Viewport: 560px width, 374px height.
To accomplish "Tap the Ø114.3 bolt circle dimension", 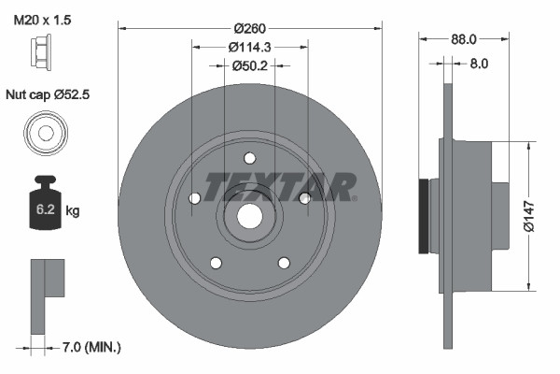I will [248, 46].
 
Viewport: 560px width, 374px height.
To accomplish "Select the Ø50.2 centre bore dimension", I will [249, 65].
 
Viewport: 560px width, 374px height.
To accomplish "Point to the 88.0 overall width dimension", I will [464, 39].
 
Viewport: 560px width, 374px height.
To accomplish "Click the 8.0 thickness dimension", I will [479, 65].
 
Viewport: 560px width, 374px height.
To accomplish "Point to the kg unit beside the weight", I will [73, 211].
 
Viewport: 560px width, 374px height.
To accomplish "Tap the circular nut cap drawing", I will [44, 131].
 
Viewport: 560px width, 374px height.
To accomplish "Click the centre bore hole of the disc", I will [249, 215].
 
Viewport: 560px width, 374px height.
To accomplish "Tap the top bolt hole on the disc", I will [249, 158].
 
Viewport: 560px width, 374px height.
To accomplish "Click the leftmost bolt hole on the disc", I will [194, 198].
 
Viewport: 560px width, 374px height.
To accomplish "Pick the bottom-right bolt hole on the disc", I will [284, 262].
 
